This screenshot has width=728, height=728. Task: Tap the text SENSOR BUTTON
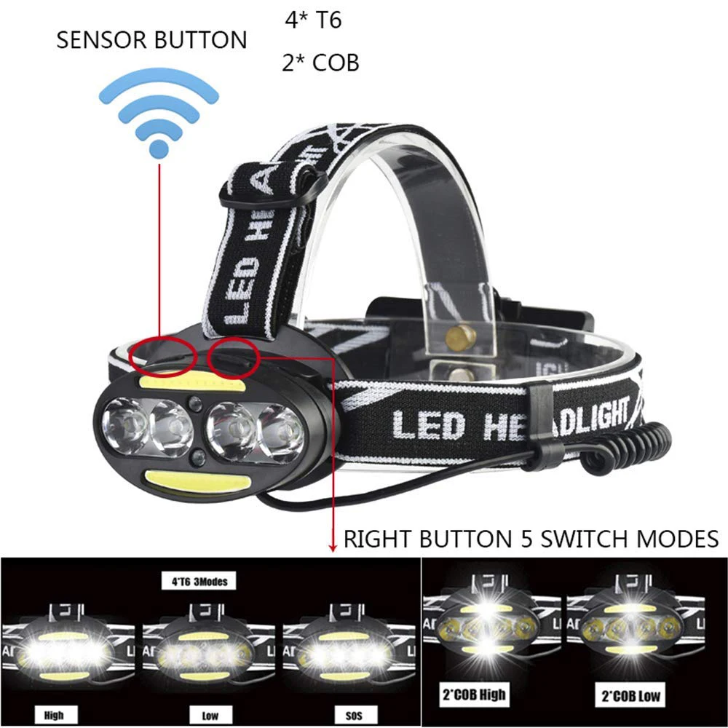click(x=151, y=41)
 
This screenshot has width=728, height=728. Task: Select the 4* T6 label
click(x=313, y=20)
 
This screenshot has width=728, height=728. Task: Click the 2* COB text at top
click(x=320, y=63)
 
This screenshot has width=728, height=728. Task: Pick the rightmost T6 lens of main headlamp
click(x=281, y=430)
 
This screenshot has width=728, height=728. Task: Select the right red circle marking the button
click(x=233, y=353)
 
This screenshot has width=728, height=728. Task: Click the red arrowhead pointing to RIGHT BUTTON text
click(x=333, y=545)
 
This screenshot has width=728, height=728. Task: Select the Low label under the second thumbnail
click(x=210, y=716)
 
